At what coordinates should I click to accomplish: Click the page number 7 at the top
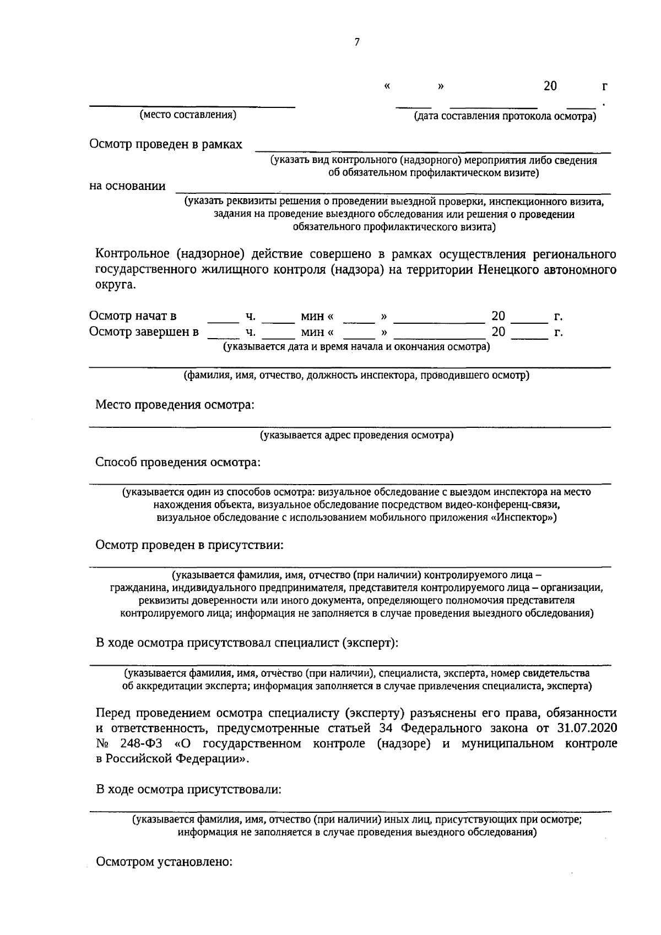(x=357, y=42)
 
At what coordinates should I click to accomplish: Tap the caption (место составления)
(x=188, y=115)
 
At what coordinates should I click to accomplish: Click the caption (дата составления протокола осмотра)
(x=505, y=116)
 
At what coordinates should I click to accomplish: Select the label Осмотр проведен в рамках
(x=166, y=144)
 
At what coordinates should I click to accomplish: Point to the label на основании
(x=127, y=186)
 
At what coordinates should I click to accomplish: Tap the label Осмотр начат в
(x=133, y=316)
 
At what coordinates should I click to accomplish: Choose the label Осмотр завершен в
(x=144, y=332)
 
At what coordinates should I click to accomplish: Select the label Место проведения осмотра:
(x=175, y=405)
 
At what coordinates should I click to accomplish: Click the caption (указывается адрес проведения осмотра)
(x=357, y=436)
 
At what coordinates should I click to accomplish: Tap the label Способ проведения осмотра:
(x=178, y=462)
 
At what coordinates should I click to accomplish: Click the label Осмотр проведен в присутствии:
(x=190, y=545)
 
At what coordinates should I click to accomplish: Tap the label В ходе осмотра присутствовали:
(x=188, y=789)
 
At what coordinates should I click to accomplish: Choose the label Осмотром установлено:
(x=165, y=862)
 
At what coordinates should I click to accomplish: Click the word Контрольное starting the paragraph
(x=132, y=254)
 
